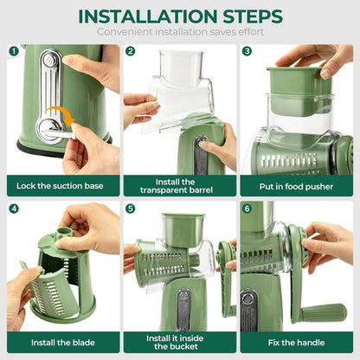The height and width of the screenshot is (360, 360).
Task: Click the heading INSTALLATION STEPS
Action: (x=180, y=16)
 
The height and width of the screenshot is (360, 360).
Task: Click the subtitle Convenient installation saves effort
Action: (x=180, y=32)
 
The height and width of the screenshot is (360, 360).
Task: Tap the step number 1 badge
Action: (x=14, y=51)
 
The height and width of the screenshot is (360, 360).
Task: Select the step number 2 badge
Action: (x=130, y=51)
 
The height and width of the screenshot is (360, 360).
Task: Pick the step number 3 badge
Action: (x=247, y=51)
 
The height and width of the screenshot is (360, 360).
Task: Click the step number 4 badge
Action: (x=14, y=209)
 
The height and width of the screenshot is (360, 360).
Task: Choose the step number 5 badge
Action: (x=130, y=209)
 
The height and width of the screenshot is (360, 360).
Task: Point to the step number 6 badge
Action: (x=247, y=209)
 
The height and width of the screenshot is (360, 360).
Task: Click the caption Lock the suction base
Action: (x=61, y=183)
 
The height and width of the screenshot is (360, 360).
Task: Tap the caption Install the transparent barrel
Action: (x=179, y=183)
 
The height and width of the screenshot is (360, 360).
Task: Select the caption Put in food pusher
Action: (x=296, y=183)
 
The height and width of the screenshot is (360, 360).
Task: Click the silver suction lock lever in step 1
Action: (x=49, y=87)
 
